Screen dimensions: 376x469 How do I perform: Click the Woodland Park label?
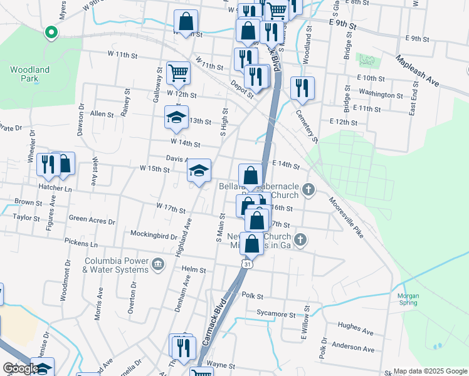30,74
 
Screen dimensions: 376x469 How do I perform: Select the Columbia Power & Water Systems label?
116,264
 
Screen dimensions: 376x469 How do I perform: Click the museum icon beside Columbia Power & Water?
157,264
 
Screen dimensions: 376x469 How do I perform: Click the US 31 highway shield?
248,265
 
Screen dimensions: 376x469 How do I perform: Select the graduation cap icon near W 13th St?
177,117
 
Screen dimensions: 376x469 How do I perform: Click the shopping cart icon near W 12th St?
179,73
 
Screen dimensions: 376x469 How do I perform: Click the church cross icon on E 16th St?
308,189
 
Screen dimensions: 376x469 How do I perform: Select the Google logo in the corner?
21,369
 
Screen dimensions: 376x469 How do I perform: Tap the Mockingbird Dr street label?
155,236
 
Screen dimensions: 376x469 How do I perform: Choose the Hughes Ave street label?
356,327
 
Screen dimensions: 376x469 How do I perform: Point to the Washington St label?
382,95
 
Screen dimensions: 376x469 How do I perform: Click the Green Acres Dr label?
92,221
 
